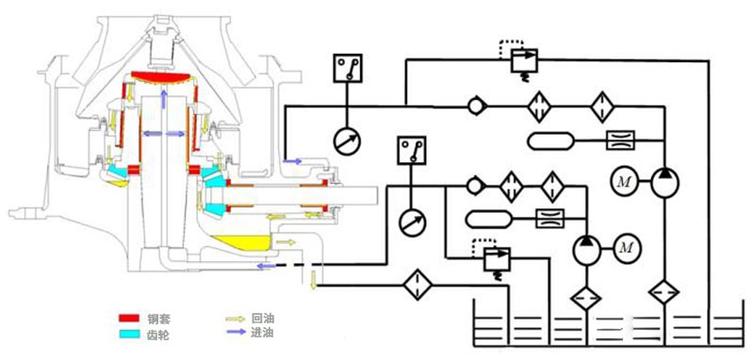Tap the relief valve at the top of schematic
tap(518, 61)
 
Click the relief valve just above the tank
tap(491, 254)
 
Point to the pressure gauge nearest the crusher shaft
tap(411, 221)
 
